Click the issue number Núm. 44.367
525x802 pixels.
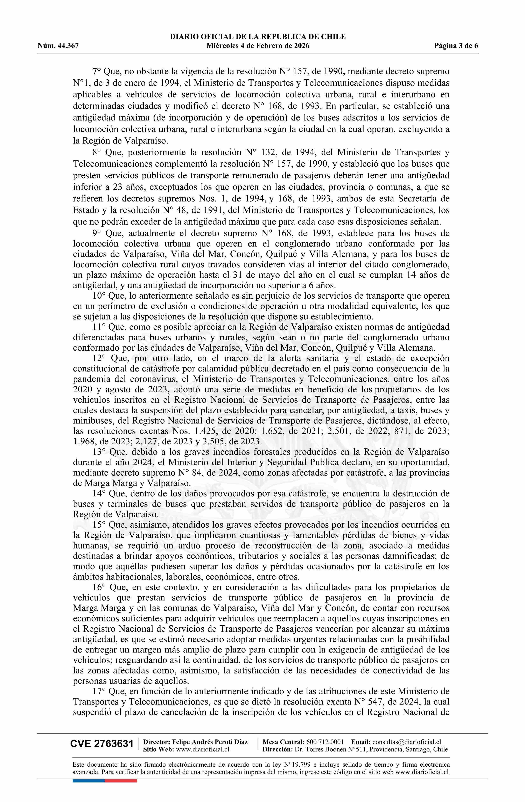[58, 46]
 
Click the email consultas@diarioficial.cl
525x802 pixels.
[407, 742]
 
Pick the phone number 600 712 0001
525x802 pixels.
[325, 742]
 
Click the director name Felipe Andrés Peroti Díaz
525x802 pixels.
[210, 742]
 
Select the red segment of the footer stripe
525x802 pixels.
[121, 771]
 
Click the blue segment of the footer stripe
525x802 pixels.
[88, 771]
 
